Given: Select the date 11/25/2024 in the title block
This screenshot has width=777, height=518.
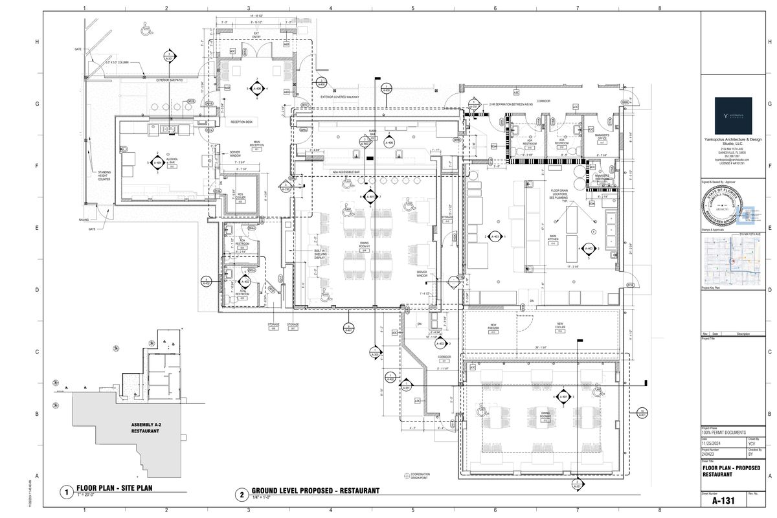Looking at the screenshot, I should tap(712, 442).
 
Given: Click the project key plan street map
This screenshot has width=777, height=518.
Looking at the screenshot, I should tap(732, 261).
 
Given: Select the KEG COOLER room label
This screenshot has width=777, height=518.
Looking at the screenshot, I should tap(240, 199).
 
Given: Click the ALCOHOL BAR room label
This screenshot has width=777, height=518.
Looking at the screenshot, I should tap(172, 161).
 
